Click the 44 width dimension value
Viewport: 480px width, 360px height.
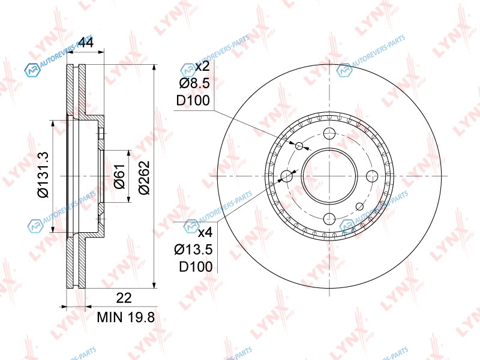(86, 42)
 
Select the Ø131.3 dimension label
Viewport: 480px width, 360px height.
(43, 175)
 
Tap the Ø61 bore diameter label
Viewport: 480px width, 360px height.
(119, 176)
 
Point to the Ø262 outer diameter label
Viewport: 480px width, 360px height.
(145, 177)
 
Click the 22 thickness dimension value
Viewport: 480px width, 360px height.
(124, 298)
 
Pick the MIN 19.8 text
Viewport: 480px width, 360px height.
(126, 317)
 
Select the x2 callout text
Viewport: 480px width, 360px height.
(202, 66)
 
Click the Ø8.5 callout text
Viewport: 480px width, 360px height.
(194, 83)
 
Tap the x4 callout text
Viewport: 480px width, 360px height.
(205, 233)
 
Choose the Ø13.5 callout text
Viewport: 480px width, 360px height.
(193, 250)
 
